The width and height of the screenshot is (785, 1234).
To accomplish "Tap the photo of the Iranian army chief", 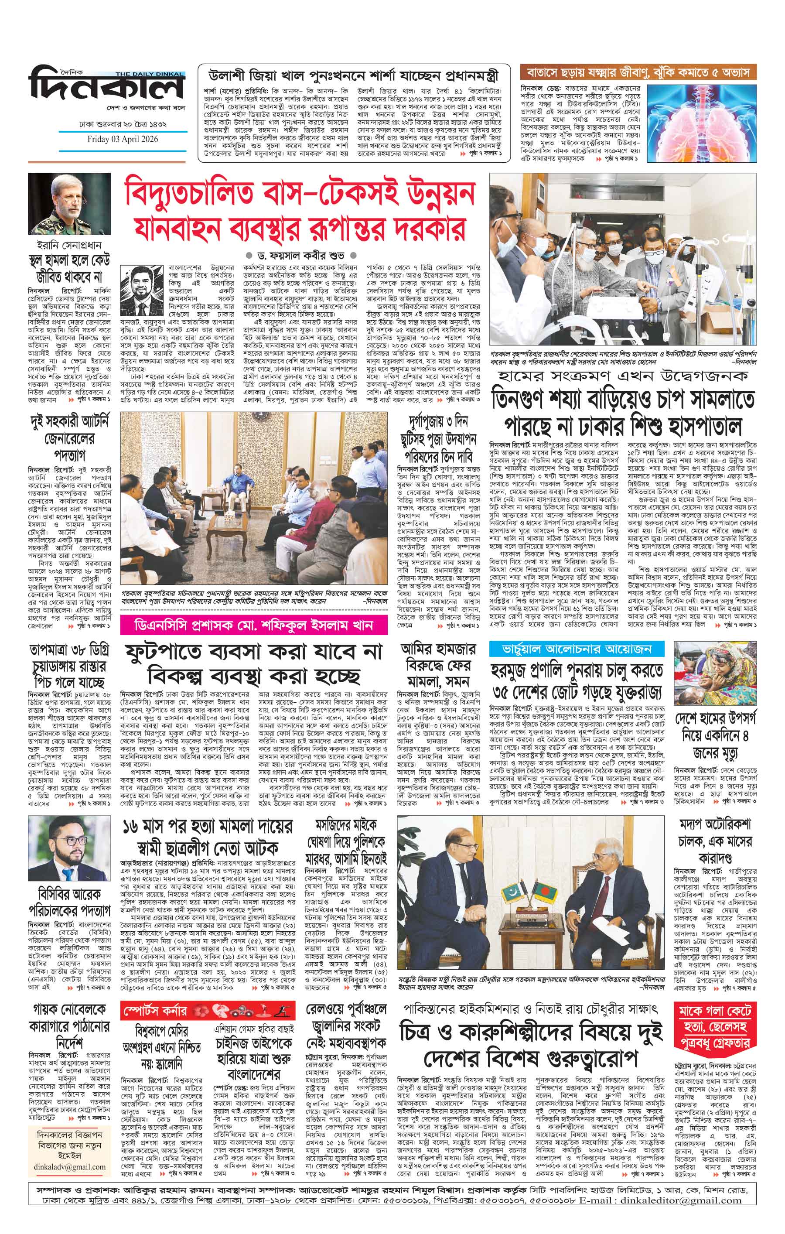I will [69, 203].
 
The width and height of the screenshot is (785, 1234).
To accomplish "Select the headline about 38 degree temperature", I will [70, 666].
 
